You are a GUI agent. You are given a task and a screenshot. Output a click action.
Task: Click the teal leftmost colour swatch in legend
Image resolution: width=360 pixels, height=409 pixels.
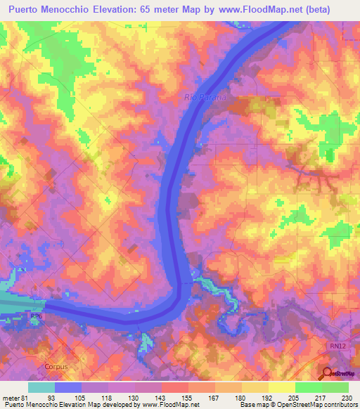pos(41,387)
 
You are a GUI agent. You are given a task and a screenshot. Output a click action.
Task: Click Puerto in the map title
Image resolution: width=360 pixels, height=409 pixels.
pos(28,10)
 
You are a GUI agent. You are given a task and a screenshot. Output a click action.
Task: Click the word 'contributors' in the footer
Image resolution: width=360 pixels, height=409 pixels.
pos(340,405)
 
